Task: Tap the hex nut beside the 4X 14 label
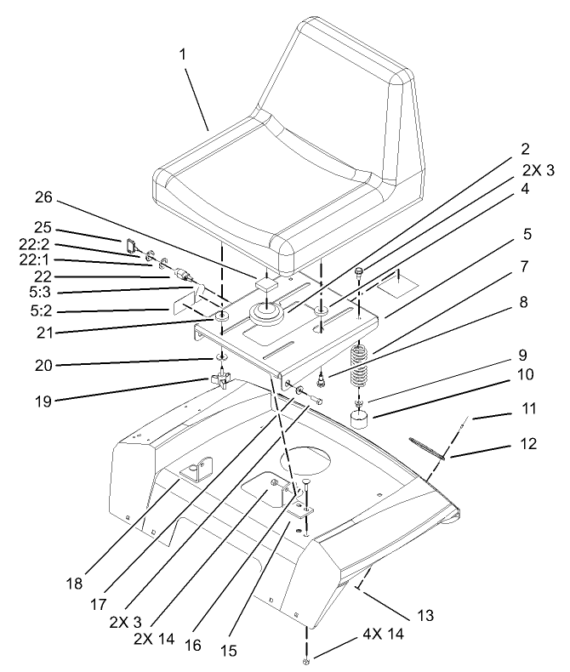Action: click(x=305, y=662)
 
